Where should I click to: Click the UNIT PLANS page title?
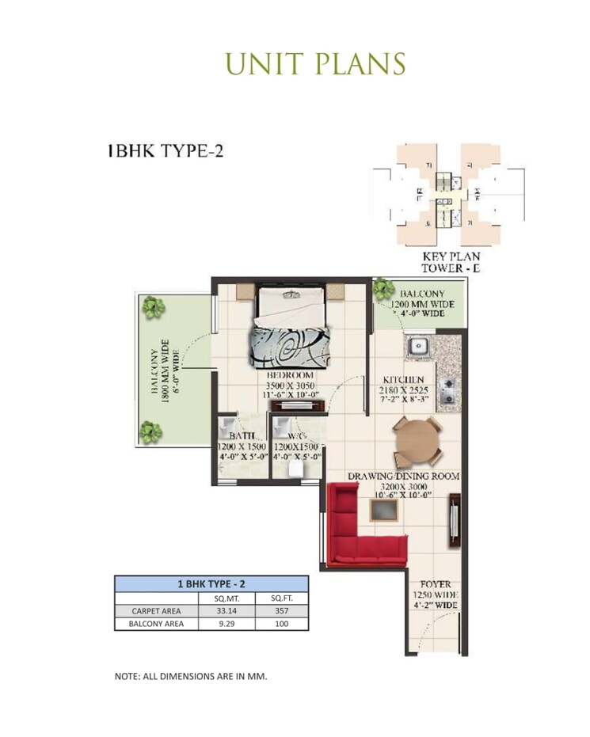click(x=315, y=63)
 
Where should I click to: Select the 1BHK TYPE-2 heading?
click(x=166, y=150)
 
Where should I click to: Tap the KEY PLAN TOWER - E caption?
click(x=452, y=263)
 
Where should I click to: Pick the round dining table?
click(x=418, y=441)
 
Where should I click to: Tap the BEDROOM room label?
click(x=290, y=375)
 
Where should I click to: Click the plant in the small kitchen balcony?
click(x=385, y=289)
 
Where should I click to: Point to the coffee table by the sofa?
click(x=385, y=511)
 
